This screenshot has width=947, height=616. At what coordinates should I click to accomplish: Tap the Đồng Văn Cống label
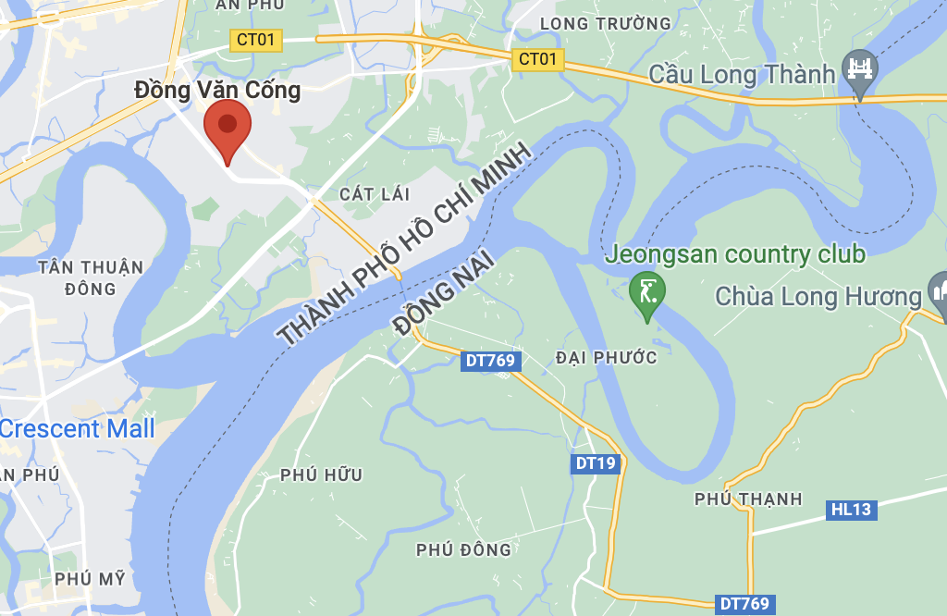click(217, 90)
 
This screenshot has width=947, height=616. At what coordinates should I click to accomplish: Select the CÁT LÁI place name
click(374, 193)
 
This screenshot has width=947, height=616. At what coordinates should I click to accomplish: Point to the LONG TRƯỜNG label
click(605, 23)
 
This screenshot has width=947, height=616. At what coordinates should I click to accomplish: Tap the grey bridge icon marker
click(860, 70)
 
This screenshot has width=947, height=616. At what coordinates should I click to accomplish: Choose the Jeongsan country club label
click(735, 253)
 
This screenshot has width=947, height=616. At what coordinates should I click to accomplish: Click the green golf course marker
click(646, 292)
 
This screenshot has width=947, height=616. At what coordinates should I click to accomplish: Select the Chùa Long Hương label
click(818, 297)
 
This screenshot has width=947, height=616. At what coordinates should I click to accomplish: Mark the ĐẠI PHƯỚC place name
click(607, 357)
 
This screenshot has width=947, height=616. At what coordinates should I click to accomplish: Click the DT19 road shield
click(595, 463)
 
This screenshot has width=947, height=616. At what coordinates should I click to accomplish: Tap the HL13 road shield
click(850, 509)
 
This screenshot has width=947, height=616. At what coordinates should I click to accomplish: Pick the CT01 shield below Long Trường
click(538, 60)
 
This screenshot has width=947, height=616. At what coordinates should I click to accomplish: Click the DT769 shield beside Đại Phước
click(490, 361)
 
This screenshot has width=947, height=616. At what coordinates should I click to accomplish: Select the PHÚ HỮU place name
click(321, 475)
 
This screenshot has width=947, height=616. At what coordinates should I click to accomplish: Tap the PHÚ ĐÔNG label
click(463, 549)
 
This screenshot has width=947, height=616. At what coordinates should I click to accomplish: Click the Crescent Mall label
click(78, 429)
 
